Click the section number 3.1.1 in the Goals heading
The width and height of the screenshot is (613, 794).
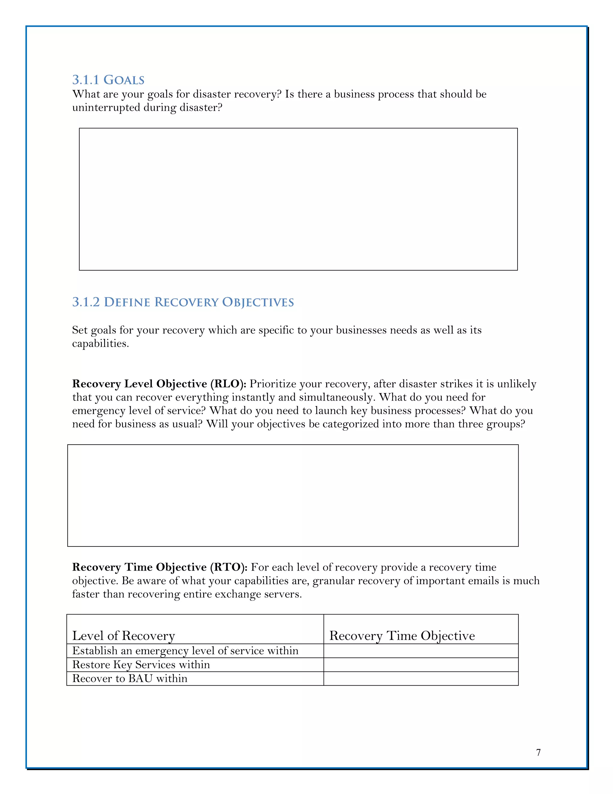(86, 80)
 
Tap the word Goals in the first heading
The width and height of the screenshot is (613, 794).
(124, 80)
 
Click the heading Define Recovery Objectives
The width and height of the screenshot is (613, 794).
(199, 302)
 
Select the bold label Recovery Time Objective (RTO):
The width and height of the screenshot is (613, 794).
(160, 567)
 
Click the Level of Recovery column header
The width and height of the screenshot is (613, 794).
(124, 635)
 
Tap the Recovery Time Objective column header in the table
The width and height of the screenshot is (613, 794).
(402, 635)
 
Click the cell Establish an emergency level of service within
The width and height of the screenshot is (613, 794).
(185, 651)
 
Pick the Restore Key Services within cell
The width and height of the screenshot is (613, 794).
(141, 665)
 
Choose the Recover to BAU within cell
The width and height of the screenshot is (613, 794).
(130, 678)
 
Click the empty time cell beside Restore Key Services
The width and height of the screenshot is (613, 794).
(421, 665)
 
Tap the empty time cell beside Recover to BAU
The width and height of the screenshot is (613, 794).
(421, 678)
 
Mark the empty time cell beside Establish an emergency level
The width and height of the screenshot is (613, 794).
(421, 651)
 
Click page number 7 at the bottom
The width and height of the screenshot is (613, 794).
(538, 753)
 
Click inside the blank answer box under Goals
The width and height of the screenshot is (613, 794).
(298, 199)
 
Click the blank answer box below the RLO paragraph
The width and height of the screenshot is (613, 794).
(293, 495)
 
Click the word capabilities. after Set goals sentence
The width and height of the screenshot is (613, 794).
(101, 344)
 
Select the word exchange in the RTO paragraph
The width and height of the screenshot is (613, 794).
(219, 594)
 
